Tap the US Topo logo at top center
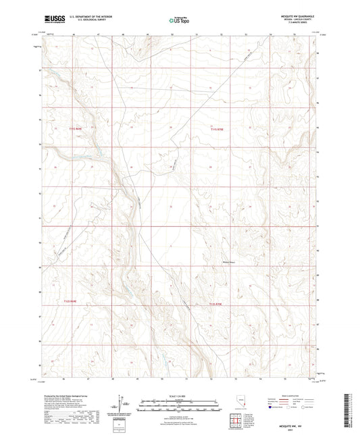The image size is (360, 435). pos(177,22)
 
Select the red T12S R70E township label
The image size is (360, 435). pos(215,305)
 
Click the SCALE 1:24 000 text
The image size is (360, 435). pos(178,395)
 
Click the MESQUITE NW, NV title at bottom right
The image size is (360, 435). pos(297,424)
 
